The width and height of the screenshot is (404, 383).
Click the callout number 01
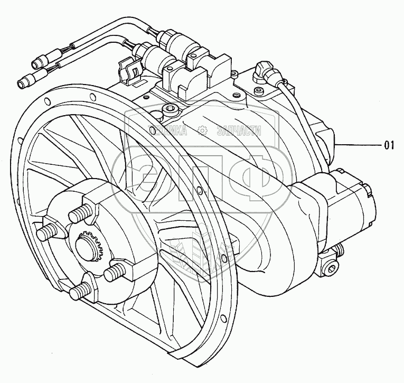pyautogui.click(x=389, y=145)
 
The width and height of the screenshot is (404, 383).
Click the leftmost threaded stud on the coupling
pyautogui.click(x=46, y=232)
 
